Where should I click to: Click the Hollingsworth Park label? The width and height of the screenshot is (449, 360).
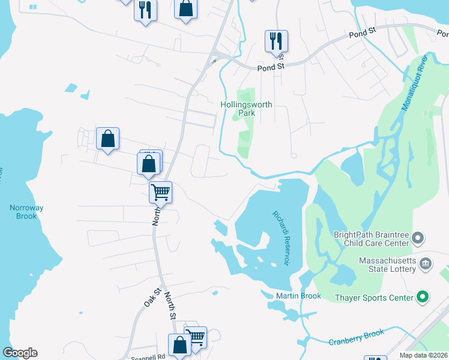(x=246, y=109)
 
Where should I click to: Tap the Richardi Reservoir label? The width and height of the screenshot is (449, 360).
(x=281, y=238)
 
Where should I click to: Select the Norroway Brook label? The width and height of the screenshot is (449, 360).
(x=26, y=212)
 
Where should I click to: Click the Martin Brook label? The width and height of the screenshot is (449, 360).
(x=298, y=296)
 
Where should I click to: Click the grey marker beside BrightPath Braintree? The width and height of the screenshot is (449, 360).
(x=419, y=239)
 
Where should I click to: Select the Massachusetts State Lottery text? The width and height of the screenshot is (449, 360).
(x=388, y=265)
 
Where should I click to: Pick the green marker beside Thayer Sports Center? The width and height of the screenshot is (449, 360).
(x=423, y=296)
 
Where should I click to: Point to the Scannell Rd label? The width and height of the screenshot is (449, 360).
(x=148, y=356)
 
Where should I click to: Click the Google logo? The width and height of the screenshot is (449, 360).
(x=20, y=353)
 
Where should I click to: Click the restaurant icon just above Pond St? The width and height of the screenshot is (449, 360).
(x=276, y=41)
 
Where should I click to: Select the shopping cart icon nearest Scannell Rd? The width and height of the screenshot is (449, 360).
(x=196, y=337)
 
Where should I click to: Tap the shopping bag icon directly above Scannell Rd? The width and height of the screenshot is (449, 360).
(x=179, y=345)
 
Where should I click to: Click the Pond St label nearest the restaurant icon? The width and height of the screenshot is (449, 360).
(x=270, y=68)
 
